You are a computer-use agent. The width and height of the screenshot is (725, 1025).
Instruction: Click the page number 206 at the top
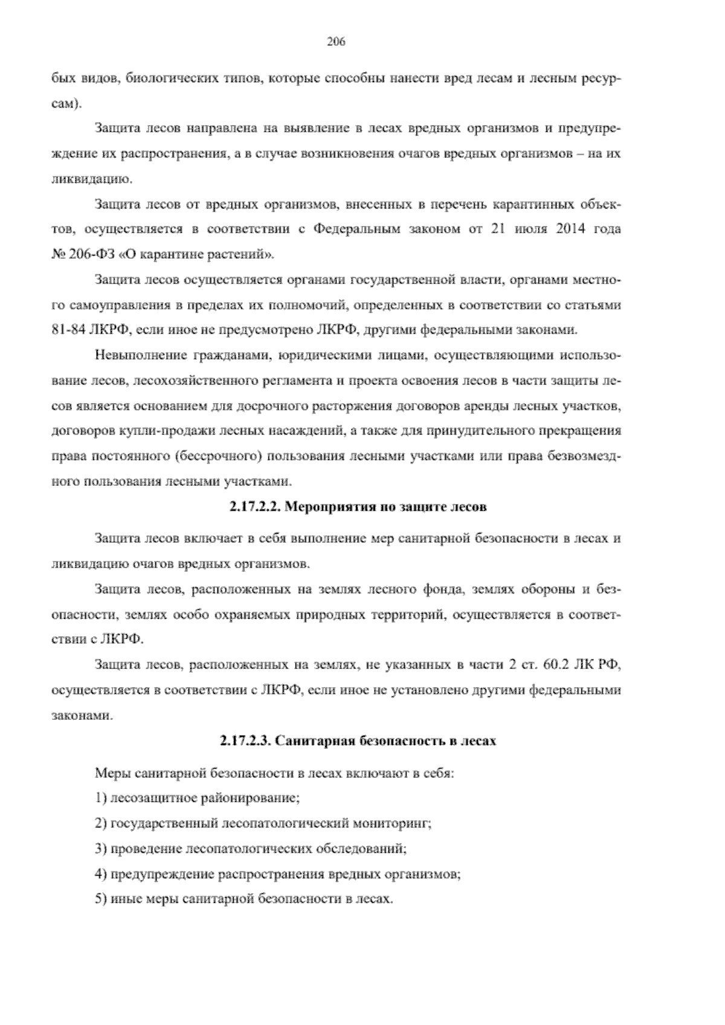(335, 42)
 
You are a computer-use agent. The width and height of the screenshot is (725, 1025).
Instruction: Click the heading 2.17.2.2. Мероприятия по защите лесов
(358, 507)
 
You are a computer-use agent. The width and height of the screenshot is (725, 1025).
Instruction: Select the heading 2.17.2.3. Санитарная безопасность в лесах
(358, 740)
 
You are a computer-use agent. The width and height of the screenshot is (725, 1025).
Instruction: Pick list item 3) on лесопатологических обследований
(251, 849)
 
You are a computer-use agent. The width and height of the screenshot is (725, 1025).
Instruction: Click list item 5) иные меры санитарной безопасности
(244, 899)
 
